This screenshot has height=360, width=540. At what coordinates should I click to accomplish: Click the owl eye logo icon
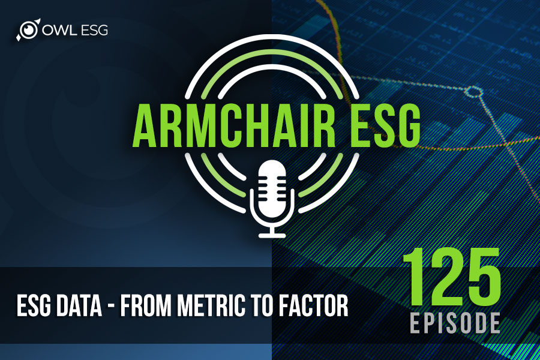pyautogui.click(x=28, y=29)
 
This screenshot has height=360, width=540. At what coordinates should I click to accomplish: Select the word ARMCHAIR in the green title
pyautogui.click(x=234, y=127)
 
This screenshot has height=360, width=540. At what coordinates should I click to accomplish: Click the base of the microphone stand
pyautogui.click(x=272, y=235)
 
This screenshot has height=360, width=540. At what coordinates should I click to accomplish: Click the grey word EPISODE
pyautogui.click(x=455, y=323)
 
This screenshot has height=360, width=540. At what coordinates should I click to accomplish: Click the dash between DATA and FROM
pyautogui.click(x=111, y=307)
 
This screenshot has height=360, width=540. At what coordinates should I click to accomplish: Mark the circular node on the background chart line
pyautogui.click(x=473, y=92)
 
